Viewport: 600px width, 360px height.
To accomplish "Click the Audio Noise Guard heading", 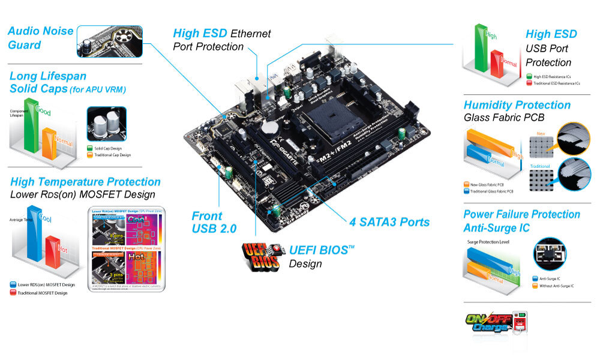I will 41,38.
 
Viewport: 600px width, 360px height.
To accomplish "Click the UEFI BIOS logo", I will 260,254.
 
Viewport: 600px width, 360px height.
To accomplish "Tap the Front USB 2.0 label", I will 214,222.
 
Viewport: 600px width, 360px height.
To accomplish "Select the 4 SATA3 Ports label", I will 389,222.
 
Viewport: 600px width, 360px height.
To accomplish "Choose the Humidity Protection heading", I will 517,105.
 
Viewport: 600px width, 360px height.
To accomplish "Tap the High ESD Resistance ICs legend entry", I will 552,76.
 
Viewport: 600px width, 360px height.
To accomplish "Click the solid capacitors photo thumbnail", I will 106,124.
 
